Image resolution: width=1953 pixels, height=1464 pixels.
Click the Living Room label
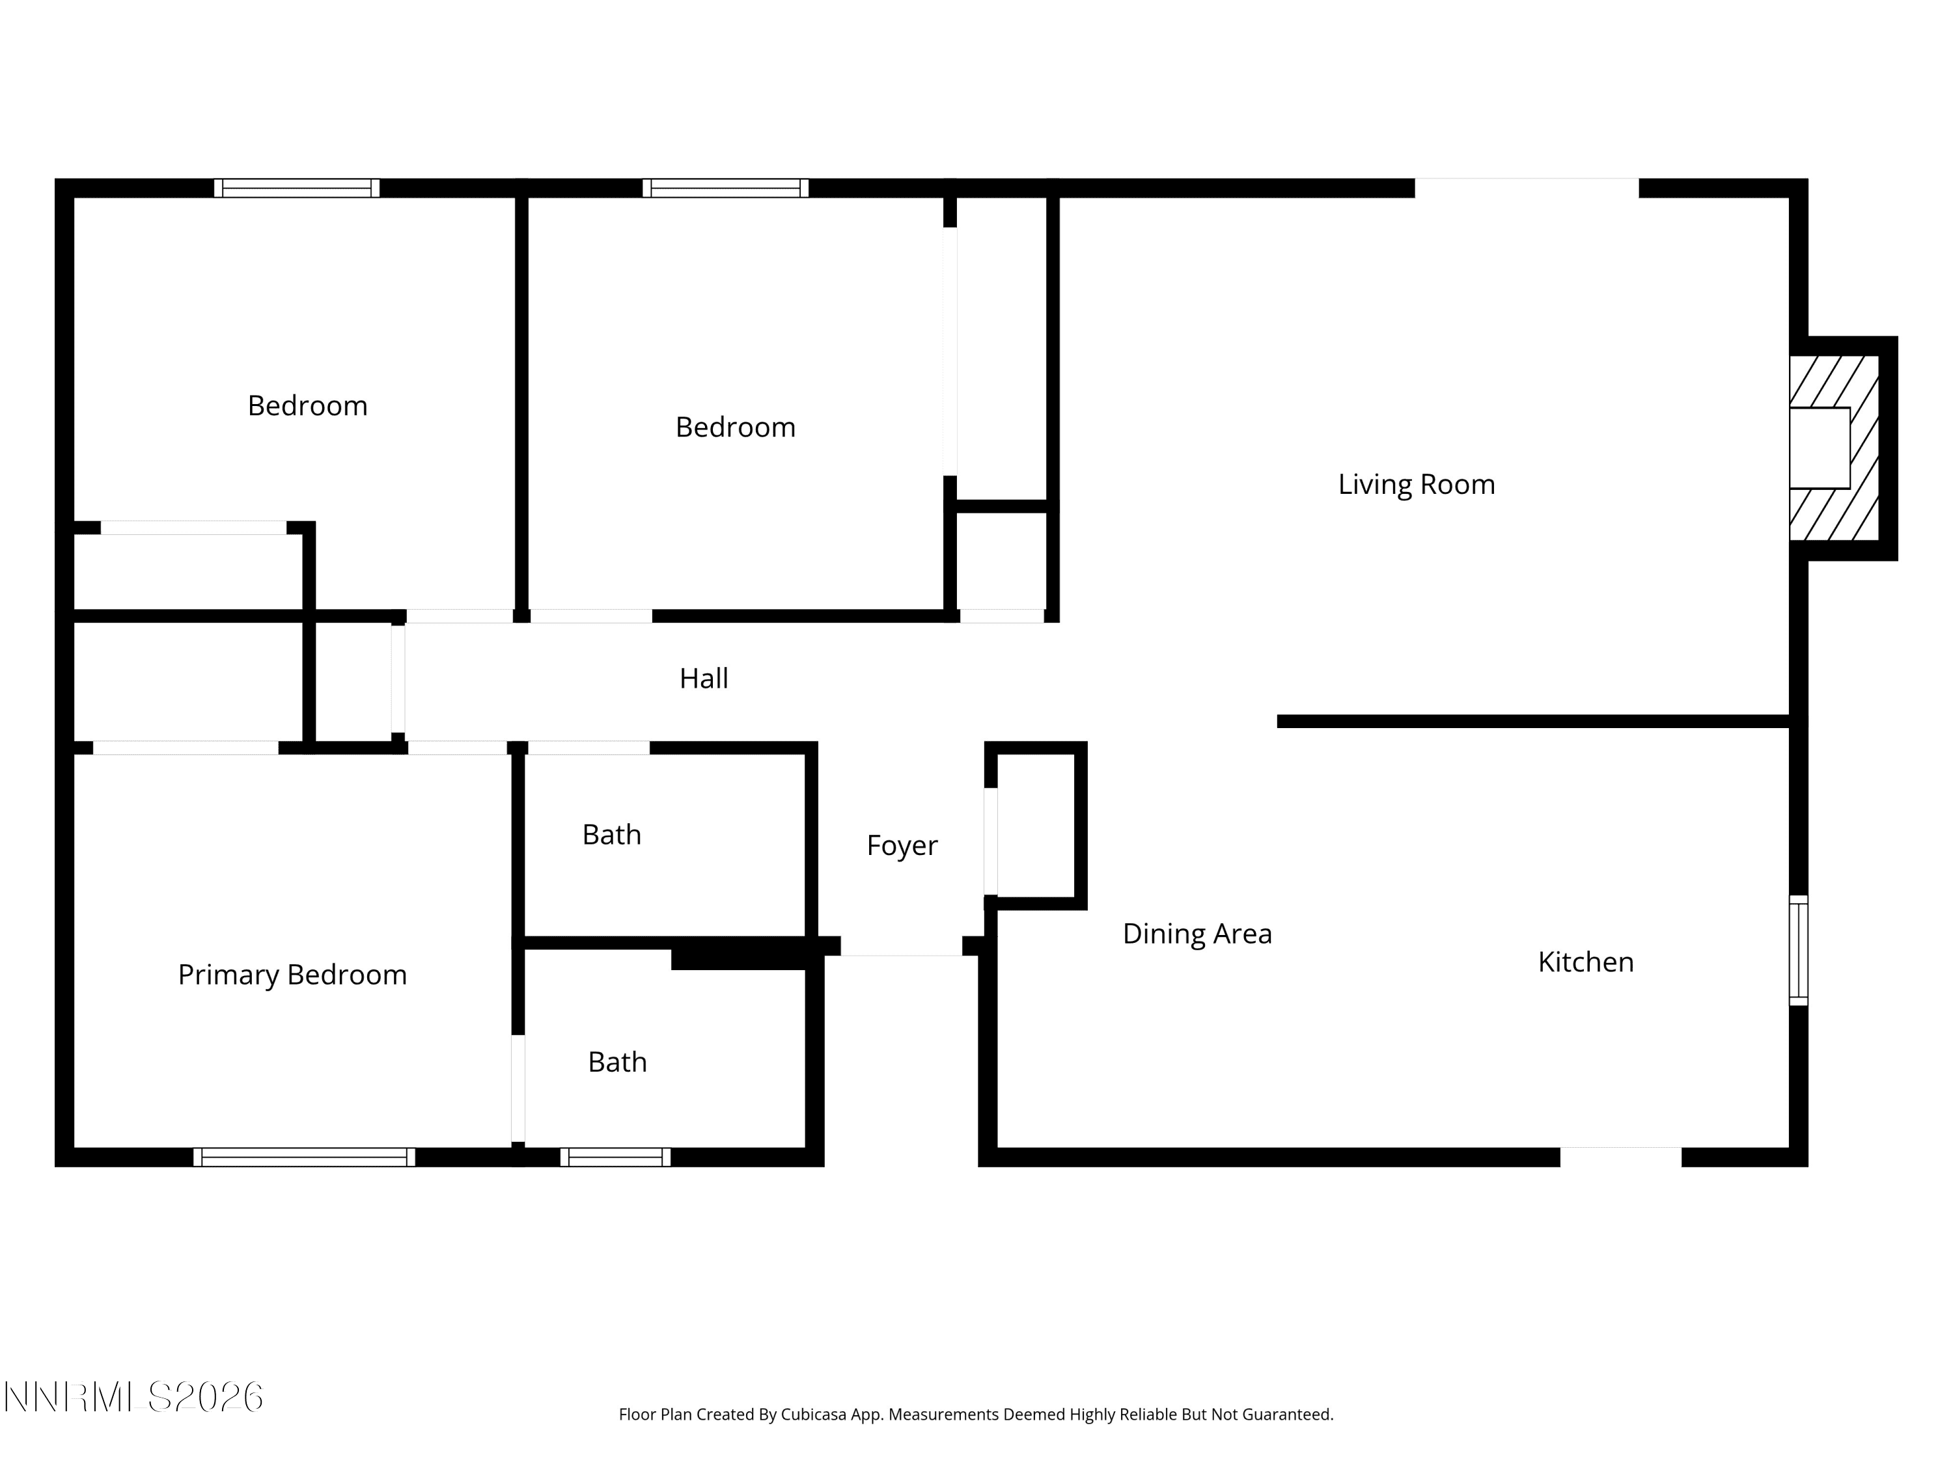pos(1416,485)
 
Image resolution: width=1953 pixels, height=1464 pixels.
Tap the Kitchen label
pos(1586,962)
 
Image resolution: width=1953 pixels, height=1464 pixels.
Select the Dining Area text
pos(1197,934)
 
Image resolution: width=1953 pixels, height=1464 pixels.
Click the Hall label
pos(704,679)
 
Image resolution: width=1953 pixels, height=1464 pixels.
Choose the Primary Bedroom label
pos(292,975)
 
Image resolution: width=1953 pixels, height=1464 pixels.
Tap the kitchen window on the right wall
pos(1799,951)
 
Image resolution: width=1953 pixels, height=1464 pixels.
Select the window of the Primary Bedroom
pos(305,1158)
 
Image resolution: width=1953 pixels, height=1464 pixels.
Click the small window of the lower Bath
pos(615,1158)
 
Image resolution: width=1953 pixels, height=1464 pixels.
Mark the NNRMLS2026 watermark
pos(134,1397)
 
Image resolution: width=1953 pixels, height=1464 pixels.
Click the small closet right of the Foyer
pos(1036,825)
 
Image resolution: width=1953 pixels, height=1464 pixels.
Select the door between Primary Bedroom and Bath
pos(518,1089)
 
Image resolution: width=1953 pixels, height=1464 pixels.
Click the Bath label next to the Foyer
pos(612,835)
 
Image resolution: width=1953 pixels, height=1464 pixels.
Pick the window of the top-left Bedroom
pos(297,188)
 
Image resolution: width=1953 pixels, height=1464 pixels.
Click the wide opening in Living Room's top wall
pos(1527,188)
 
